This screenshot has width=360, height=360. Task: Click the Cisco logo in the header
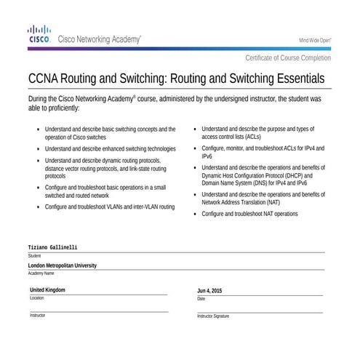(39, 36)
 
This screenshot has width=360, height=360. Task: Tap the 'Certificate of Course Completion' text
(288, 58)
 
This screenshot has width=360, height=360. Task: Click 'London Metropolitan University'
(63, 266)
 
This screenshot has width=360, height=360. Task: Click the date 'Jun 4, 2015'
(209, 291)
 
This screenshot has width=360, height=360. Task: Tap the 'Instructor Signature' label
(213, 316)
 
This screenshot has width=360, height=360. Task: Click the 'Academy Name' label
(41, 273)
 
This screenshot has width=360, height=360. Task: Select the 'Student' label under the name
(35, 256)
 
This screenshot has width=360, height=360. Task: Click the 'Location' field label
(37, 298)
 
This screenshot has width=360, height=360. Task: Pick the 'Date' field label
(201, 299)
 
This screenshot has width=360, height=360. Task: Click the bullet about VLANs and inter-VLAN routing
(110, 207)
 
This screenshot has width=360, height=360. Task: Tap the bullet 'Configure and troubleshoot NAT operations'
(249, 215)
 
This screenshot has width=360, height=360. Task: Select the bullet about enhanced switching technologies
(111, 148)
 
